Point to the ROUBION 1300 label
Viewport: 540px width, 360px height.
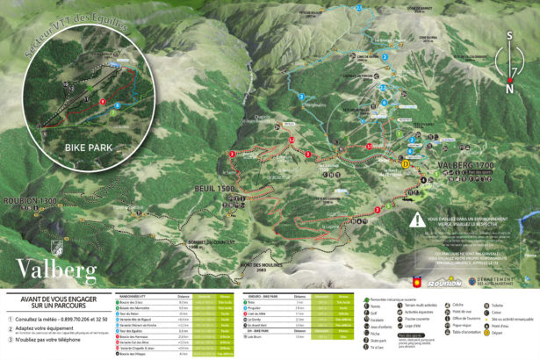tap(29, 200)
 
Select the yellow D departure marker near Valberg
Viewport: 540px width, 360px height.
tap(405, 163)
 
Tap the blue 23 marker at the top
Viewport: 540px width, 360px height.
tap(358, 7)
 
